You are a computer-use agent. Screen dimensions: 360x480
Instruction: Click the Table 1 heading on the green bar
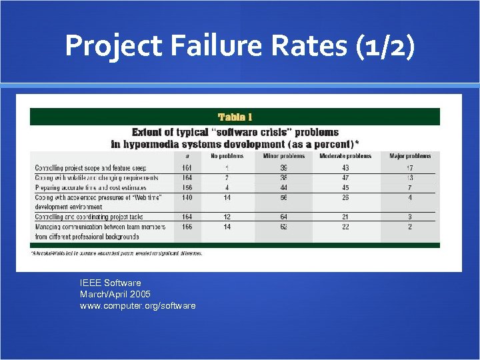pos(231,117)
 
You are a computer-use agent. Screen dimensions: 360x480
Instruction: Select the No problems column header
pos(227,157)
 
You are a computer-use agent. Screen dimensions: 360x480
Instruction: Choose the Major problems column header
pos(410,157)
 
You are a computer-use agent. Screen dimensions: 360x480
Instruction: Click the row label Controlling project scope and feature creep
pos(91,168)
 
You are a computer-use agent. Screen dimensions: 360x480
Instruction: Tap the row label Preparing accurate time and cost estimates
pos(91,188)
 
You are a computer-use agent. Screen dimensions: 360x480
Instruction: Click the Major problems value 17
pos(409,168)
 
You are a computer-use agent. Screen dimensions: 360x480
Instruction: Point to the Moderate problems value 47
pos(345,178)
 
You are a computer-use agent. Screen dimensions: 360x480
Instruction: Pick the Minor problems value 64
pos(283,217)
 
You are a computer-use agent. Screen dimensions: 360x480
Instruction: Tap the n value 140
pos(187,198)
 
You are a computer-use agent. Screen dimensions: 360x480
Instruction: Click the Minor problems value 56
pos(283,198)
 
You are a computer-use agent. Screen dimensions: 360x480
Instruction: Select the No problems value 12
pos(227,217)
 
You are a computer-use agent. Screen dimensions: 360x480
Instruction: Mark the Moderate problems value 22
pos(345,227)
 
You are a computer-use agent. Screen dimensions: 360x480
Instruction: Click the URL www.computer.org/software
pos(137,305)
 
